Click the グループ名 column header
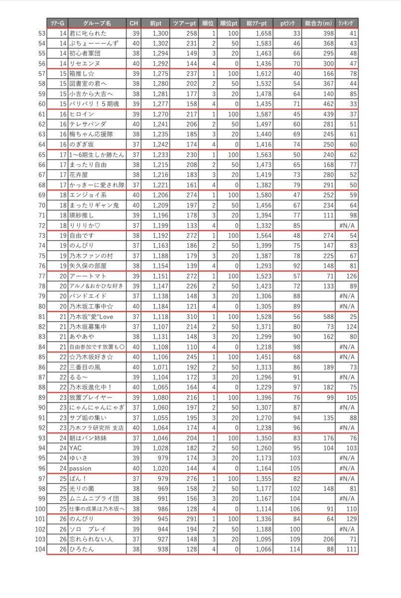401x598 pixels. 97,23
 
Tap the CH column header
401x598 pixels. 133,23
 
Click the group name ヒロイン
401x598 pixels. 82,114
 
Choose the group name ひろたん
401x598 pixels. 83,549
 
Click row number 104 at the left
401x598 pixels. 39,549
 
